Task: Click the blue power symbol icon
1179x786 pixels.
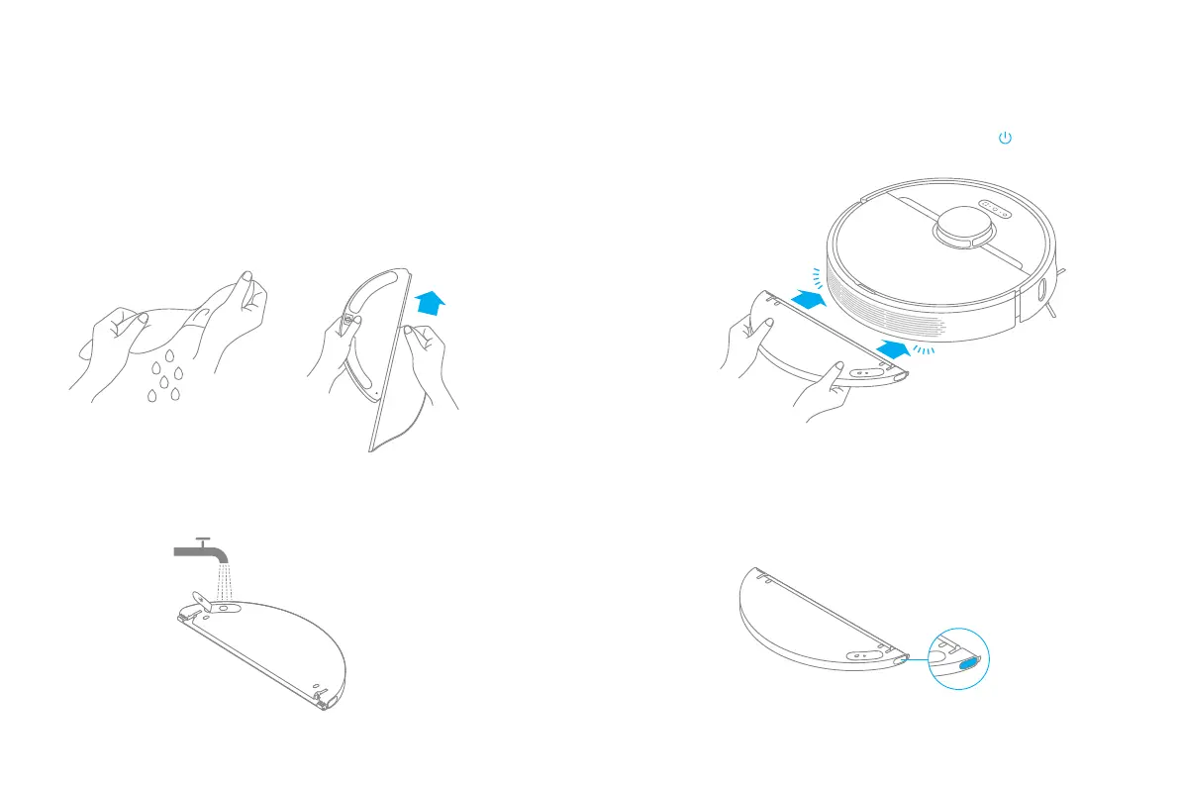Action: pos(1005,140)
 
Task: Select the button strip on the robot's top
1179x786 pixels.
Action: pos(994,207)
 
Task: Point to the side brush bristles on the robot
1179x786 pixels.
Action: pos(1056,296)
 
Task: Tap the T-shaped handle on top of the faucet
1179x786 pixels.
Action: pos(202,540)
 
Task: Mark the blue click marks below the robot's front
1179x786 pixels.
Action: pos(924,351)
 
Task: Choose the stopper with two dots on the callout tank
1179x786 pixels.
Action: pos(861,653)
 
